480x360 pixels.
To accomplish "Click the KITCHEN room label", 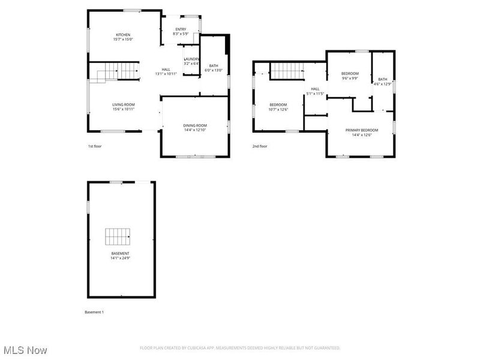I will point(123,35).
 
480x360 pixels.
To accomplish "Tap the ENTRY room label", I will point(181,29).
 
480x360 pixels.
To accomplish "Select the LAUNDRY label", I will point(191,59).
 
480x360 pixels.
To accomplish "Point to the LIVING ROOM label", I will point(124,104).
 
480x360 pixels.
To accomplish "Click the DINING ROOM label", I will point(195,125).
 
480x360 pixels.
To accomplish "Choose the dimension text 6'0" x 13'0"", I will point(214,70).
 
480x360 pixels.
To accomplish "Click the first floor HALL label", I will point(166,69).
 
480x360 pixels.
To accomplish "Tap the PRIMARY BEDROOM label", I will point(362,130).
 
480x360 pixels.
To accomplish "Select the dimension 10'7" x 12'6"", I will point(278,109).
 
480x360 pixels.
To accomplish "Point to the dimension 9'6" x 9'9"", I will point(350,78).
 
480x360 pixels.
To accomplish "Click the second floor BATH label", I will point(383,79).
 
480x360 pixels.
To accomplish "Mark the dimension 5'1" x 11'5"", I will point(315,94).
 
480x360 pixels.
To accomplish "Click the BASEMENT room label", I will point(120,253).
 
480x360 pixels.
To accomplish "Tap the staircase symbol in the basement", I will point(118,236).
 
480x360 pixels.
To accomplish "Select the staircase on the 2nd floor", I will point(288,71).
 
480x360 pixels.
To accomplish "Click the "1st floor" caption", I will point(95,146).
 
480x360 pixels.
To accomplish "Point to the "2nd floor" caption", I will point(260,146).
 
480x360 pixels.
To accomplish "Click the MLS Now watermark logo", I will point(25,349).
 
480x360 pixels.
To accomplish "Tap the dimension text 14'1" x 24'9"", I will point(120,258).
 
